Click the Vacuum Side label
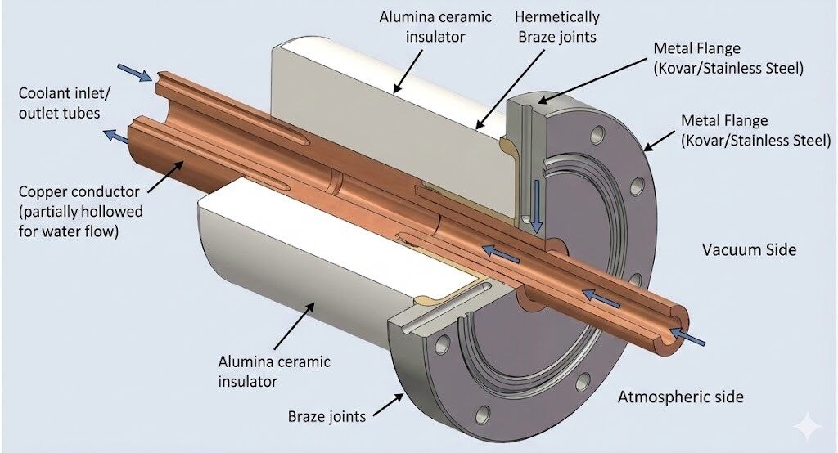coord(748,249)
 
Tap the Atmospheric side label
coord(681,397)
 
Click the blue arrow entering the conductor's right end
coord(686,334)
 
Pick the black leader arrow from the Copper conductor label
coord(159,175)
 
